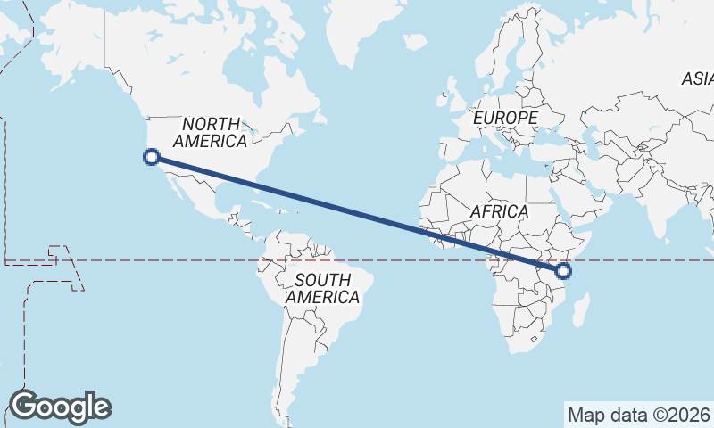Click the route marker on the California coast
152,158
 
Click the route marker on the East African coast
563,271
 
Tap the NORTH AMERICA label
212,132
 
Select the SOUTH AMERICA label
322,289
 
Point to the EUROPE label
505,118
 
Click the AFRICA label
499,212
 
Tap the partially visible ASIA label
697,79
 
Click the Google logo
60,407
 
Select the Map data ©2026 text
638,415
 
